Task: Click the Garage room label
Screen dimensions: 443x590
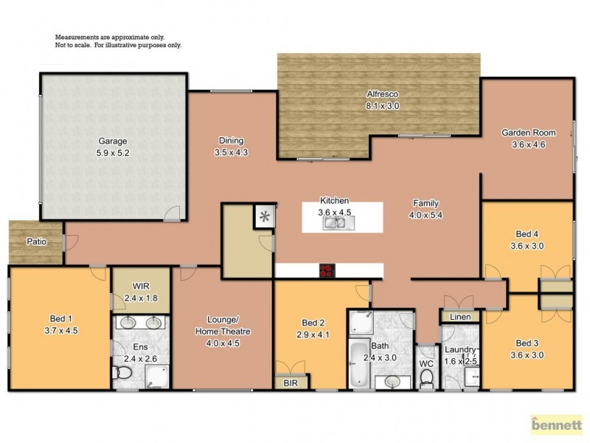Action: (x=112, y=141)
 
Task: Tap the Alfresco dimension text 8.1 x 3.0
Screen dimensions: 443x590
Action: (x=383, y=106)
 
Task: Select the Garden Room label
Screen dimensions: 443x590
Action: (x=529, y=132)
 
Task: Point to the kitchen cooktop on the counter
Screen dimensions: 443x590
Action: (x=327, y=271)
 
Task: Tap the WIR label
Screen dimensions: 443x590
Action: (x=141, y=285)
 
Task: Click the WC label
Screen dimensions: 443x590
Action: (x=426, y=363)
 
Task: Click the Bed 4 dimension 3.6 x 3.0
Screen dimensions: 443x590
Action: (x=528, y=247)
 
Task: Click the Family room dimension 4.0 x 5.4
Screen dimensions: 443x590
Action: (x=426, y=216)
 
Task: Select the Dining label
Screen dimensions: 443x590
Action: (x=231, y=141)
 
